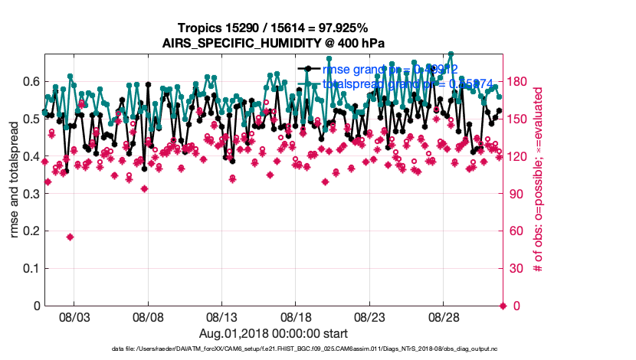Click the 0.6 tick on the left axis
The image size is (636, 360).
coord(31,81)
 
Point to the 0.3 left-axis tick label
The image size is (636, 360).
coord(31,194)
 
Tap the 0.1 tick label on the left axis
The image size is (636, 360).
coord(31,268)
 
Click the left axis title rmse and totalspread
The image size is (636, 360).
coord(15,180)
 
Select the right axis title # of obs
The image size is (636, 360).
coord(539,180)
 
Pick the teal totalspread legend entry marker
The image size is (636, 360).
coord(308,83)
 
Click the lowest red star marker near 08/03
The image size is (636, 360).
coord(70,237)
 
